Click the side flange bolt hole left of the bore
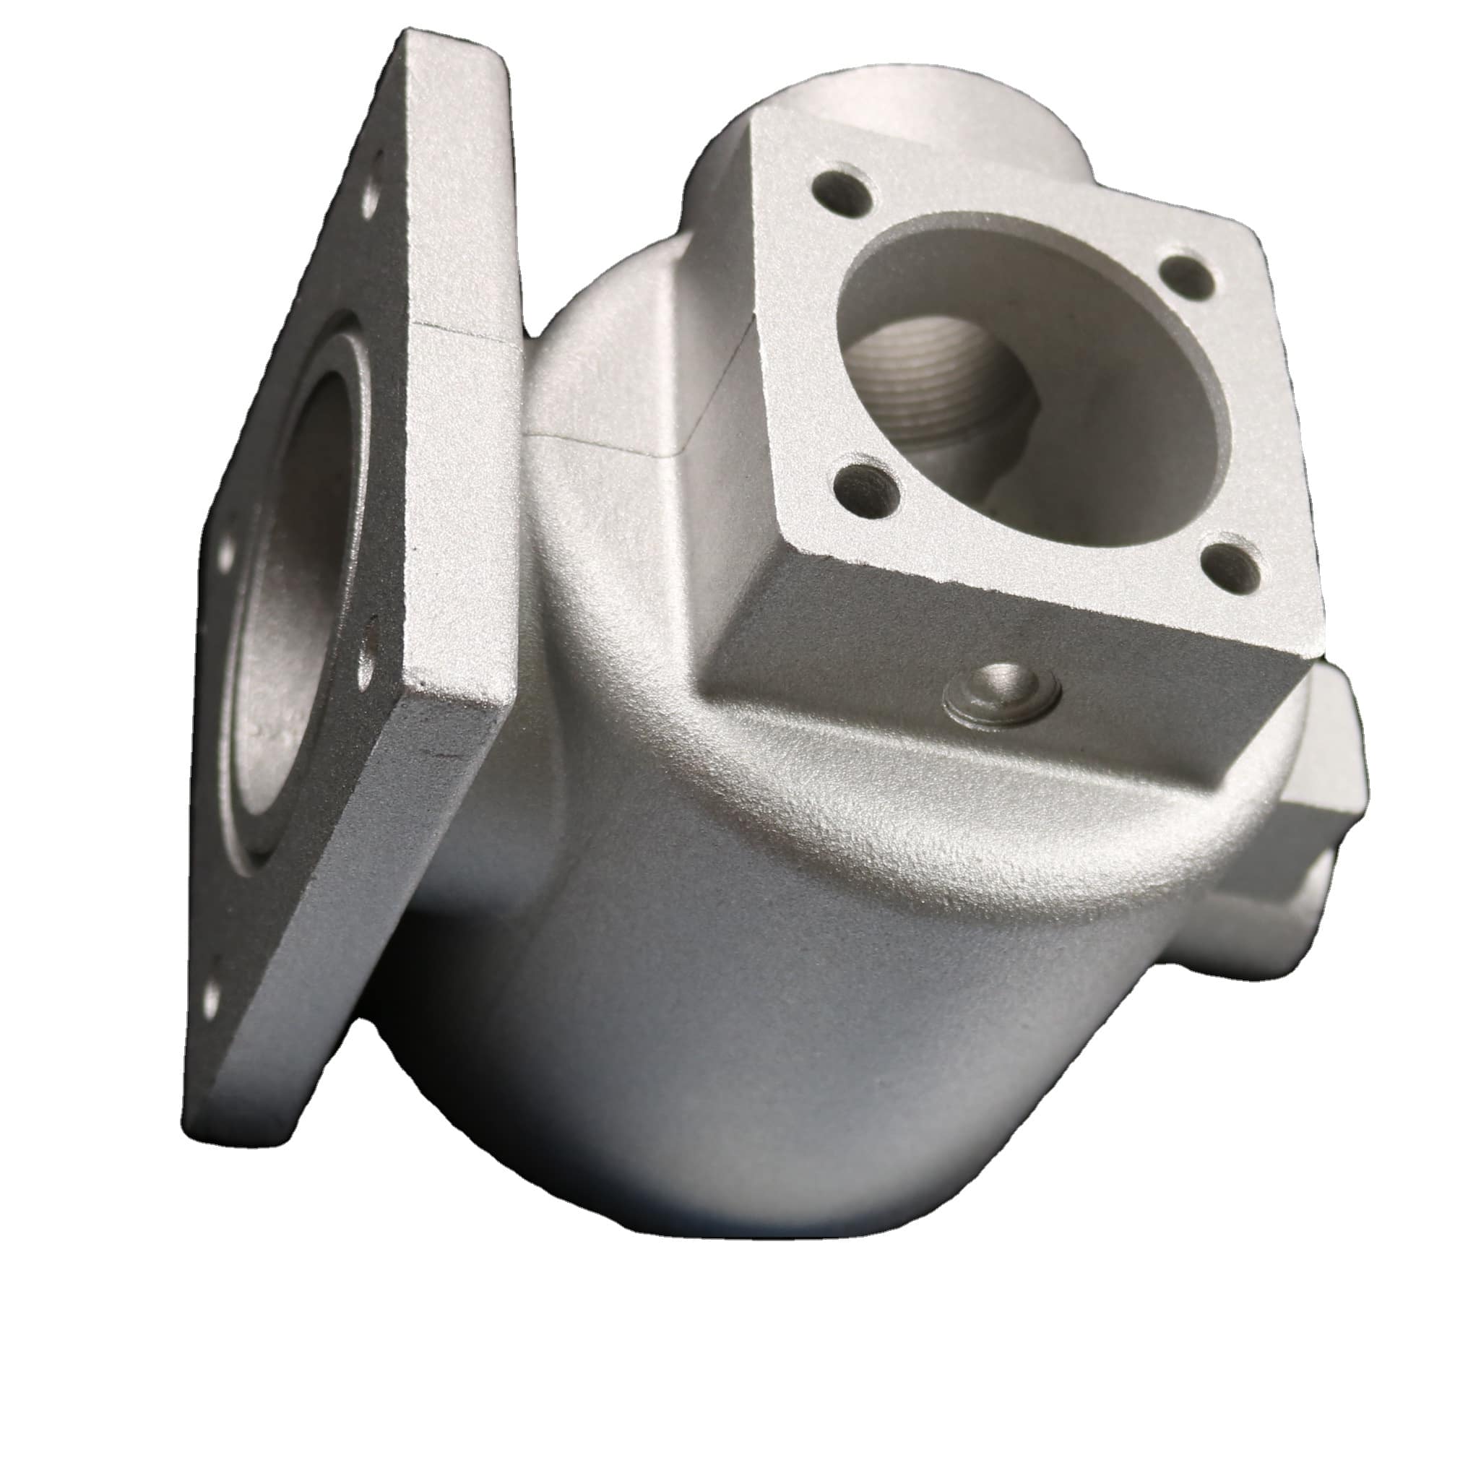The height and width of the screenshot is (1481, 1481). coord(227,552)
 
